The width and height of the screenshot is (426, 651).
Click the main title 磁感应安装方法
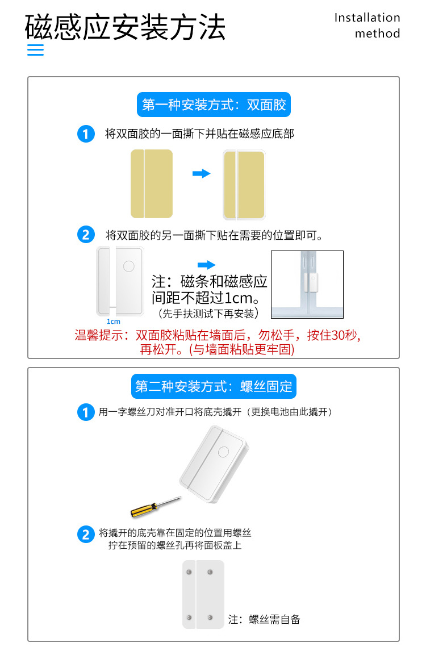point(126,27)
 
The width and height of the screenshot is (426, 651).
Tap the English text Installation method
point(367,26)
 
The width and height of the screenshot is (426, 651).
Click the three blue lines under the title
point(35,49)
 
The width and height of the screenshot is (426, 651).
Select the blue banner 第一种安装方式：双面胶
point(214,105)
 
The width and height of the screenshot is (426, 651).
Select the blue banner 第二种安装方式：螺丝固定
point(214,387)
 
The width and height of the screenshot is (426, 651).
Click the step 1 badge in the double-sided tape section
point(86,135)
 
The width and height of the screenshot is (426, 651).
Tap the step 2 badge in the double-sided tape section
point(86,235)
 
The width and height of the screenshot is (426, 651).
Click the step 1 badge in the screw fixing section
point(86,412)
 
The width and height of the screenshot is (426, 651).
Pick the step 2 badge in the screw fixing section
point(86,535)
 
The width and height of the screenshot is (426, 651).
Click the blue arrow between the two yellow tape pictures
point(202,173)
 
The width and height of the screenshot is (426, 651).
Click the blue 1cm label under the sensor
point(113,322)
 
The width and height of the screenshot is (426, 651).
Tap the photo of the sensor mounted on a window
point(307,285)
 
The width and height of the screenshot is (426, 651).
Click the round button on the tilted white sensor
point(223,452)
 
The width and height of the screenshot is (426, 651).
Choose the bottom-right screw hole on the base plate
point(210,617)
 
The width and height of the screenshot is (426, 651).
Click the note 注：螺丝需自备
point(264,620)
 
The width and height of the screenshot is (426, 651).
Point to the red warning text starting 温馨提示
point(218,342)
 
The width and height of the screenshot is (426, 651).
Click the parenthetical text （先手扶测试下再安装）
point(208,313)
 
